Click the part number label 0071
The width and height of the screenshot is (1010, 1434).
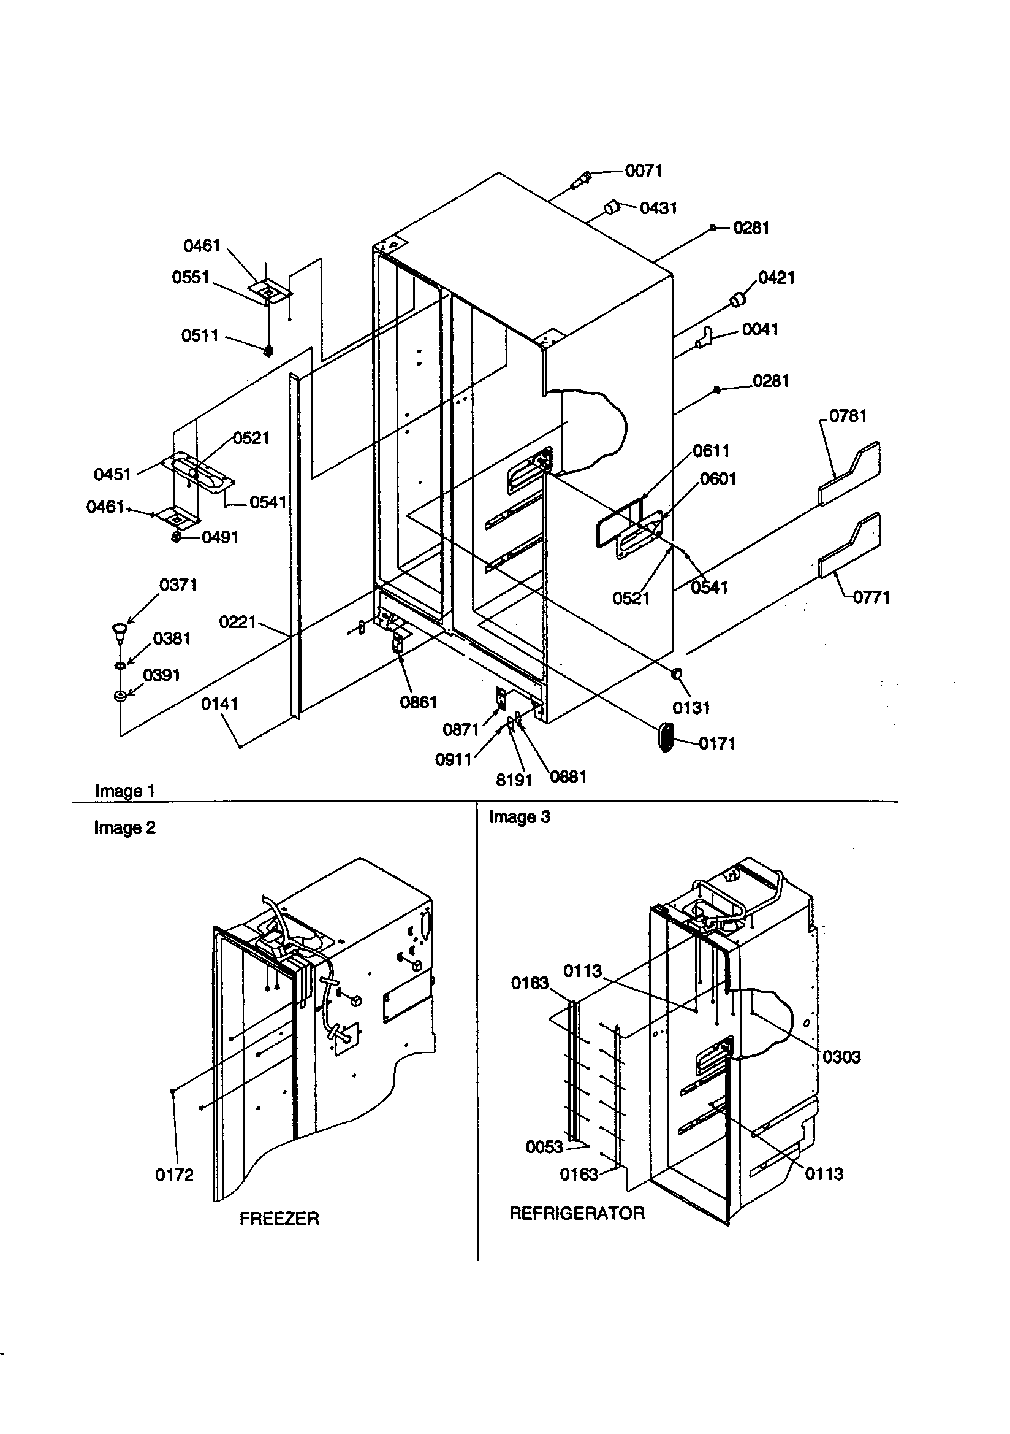pos(644,171)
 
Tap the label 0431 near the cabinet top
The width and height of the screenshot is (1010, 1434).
pos(659,208)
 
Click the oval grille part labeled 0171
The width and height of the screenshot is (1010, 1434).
pos(666,738)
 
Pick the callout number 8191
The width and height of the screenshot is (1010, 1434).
pos(514,780)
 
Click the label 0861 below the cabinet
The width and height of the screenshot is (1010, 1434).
pos(418,703)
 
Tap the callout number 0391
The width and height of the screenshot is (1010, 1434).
pos(162,675)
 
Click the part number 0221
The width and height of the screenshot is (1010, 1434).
pos(238,622)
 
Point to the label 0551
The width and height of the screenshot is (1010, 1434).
pos(191,277)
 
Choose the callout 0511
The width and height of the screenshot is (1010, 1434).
pos(200,336)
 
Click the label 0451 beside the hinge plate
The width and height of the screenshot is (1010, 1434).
pos(112,475)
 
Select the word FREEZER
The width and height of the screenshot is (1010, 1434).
pos(279,1219)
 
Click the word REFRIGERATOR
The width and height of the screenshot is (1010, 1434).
pos(577,1214)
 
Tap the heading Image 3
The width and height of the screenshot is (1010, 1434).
pos(519,817)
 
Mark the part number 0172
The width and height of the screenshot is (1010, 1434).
pos(174,1175)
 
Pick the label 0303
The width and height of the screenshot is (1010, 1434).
pos(841,1057)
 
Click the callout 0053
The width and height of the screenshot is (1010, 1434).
pos(544,1147)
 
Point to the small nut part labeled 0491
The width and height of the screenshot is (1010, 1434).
pos(177,537)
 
